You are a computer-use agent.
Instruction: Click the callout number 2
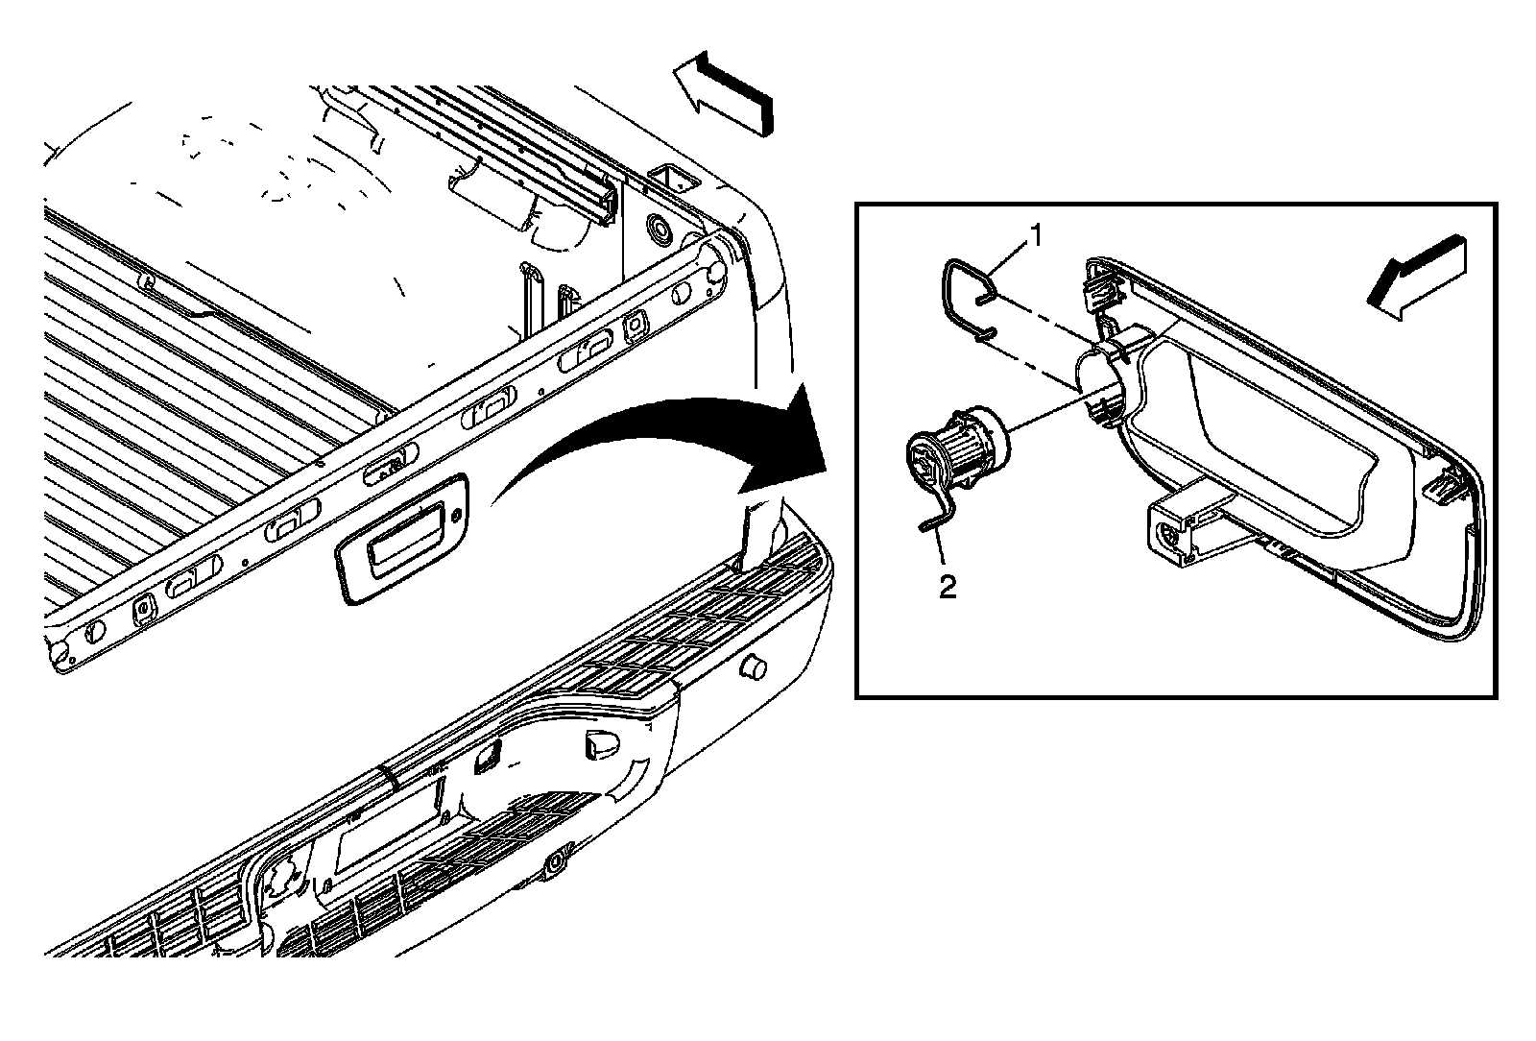[948, 588]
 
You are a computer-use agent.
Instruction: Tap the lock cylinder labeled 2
[955, 447]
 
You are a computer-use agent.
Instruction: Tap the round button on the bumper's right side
[752, 666]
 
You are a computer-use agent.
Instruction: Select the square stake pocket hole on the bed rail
[669, 177]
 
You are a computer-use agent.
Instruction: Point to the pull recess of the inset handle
[1277, 432]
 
